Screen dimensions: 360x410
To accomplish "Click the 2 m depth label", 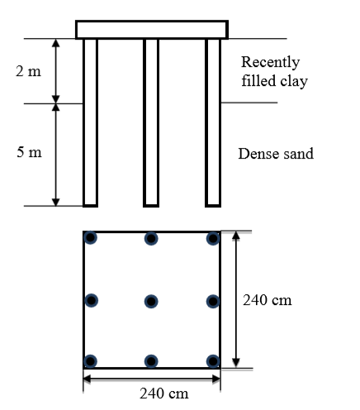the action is pyautogui.click(x=28, y=71).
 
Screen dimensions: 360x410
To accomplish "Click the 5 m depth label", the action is pyautogui.click(x=29, y=152).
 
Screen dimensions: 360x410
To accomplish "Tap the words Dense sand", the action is pyautogui.click(x=276, y=154).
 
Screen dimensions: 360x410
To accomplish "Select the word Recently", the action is pyautogui.click(x=271, y=62).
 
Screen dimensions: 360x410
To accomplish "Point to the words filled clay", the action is pyautogui.click(x=275, y=81).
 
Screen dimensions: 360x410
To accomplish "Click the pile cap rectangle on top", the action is pyautogui.click(x=152, y=30).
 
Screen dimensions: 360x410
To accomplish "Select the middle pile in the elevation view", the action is pyautogui.click(x=151, y=122).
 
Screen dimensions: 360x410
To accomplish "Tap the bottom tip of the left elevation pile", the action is pyautogui.click(x=90, y=207).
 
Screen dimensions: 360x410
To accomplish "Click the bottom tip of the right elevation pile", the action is pyautogui.click(x=213, y=207).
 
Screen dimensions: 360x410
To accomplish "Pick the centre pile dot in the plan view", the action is pyautogui.click(x=151, y=301).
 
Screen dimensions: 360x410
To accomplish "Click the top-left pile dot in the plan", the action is pyautogui.click(x=90, y=237).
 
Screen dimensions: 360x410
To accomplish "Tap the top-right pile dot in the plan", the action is pyautogui.click(x=213, y=238).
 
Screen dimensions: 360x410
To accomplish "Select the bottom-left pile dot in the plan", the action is pyautogui.click(x=90, y=361).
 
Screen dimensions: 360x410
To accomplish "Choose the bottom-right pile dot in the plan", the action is pyautogui.click(x=213, y=361).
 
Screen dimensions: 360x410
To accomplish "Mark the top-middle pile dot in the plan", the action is pyautogui.click(x=151, y=238).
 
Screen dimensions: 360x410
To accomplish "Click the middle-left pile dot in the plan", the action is pyautogui.click(x=91, y=300).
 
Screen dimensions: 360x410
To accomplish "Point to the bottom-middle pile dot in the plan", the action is pyautogui.click(x=151, y=361).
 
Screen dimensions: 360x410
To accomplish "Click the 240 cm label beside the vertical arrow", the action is pyautogui.click(x=268, y=300).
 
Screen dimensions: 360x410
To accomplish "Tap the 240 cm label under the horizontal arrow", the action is pyautogui.click(x=164, y=393).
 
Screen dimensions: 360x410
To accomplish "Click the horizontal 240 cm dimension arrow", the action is pyautogui.click(x=152, y=379).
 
